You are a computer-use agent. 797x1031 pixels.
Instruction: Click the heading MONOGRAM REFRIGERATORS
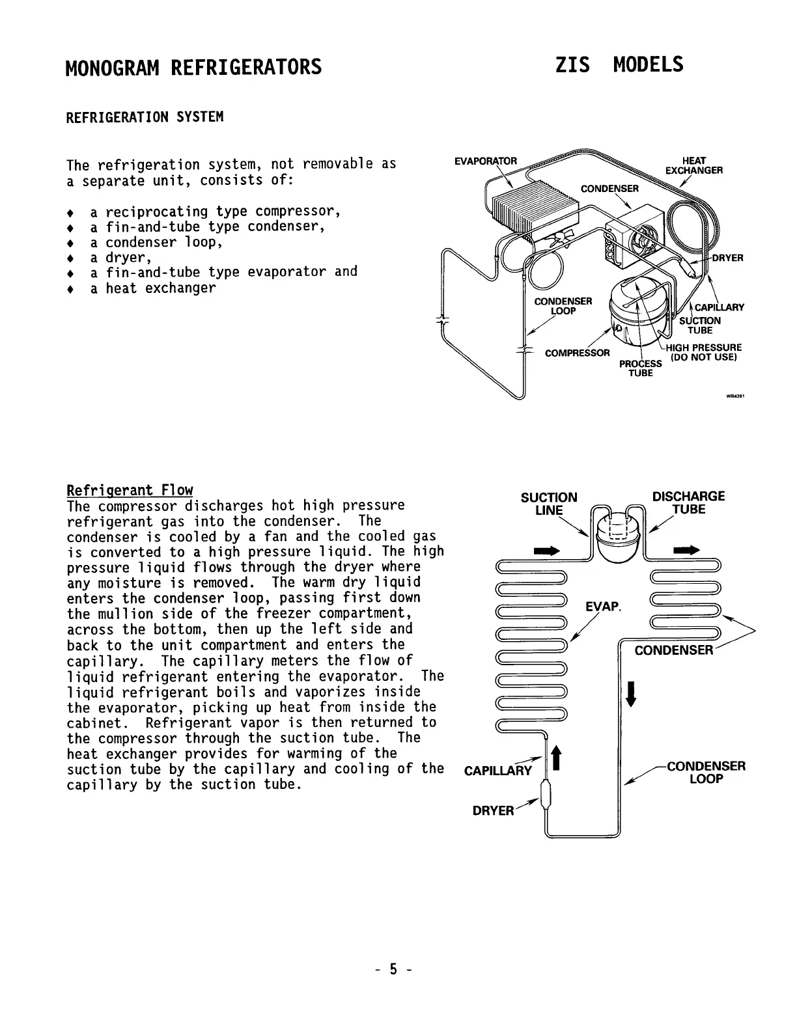(x=193, y=66)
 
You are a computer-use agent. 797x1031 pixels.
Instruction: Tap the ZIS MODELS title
(x=619, y=64)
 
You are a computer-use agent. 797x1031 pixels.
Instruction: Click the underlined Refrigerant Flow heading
(x=130, y=490)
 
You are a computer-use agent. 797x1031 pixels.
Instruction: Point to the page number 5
(x=393, y=970)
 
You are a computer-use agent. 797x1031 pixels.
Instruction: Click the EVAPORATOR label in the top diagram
(x=485, y=161)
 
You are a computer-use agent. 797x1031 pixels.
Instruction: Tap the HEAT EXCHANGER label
(x=693, y=165)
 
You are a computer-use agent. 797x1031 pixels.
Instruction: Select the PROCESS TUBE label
(x=641, y=368)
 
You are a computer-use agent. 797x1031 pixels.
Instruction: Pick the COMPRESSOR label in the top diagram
(x=577, y=353)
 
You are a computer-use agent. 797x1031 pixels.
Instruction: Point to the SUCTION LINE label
(x=548, y=503)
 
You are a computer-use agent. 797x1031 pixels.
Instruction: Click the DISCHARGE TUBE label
(x=688, y=502)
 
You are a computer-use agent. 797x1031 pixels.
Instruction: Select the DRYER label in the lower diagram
(x=493, y=811)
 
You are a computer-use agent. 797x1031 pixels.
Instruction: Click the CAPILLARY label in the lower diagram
(x=497, y=771)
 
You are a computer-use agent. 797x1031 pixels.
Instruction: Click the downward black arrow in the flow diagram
(x=630, y=693)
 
